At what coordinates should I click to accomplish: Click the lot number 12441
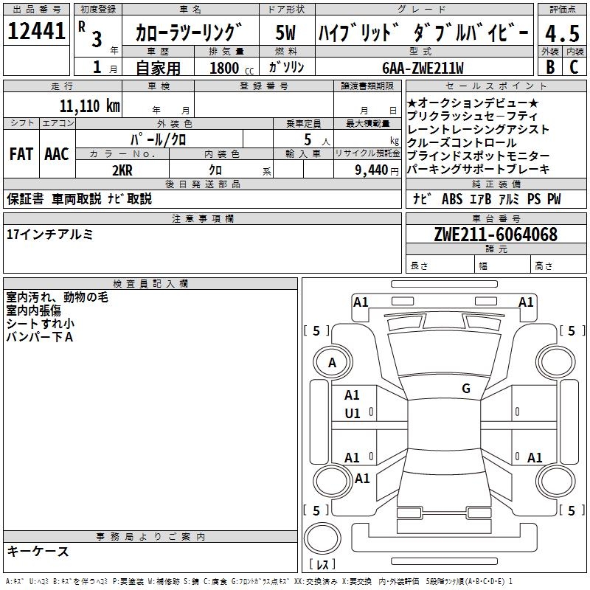pos(37,32)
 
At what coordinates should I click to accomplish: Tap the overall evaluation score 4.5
pos(561,33)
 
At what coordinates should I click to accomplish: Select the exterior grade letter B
pos(549,67)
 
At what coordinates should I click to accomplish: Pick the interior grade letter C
pos(574,67)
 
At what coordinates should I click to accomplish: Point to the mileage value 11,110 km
pos(89,105)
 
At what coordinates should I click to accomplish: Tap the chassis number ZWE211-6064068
pos(496,235)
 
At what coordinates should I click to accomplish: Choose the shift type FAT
pos(21,154)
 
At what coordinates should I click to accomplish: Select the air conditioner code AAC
pos(56,154)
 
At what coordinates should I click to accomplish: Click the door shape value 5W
pos(285,32)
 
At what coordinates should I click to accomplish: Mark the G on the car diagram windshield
pos(465,389)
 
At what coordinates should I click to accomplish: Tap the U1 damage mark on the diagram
pos(353,414)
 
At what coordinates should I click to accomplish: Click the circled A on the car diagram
pos(332,363)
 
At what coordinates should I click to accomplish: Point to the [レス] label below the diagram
pos(323,565)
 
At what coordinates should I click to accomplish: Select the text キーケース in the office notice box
pos(38,551)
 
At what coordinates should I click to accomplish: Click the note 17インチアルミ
pos(50,235)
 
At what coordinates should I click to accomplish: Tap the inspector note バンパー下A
pos(40,337)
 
